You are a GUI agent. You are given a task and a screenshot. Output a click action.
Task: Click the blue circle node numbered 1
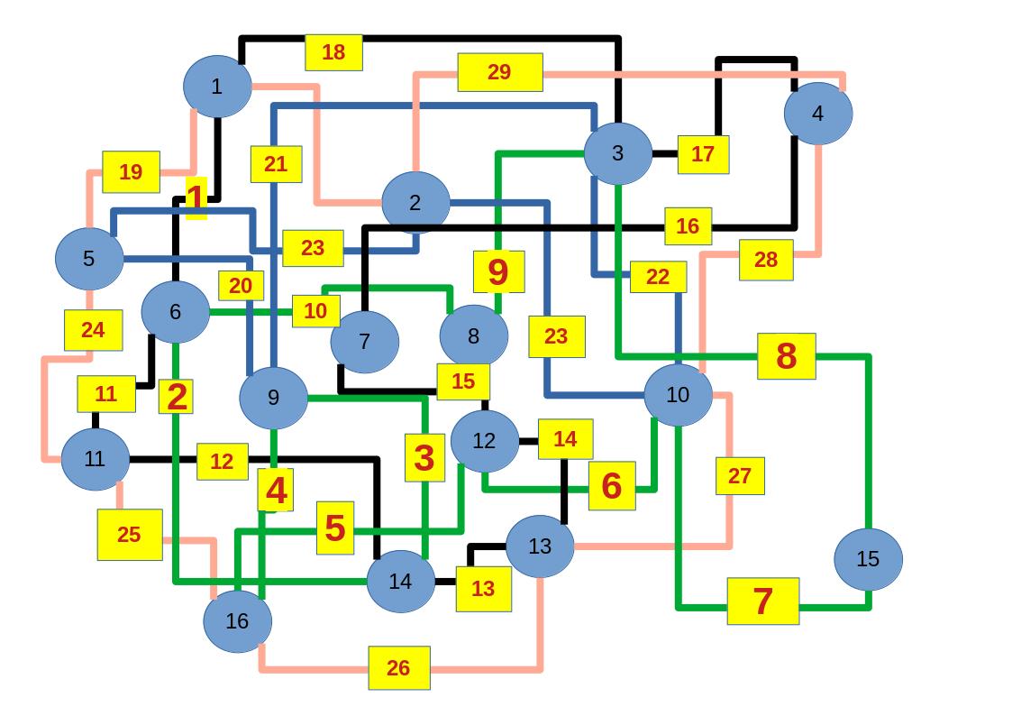[x=216, y=87]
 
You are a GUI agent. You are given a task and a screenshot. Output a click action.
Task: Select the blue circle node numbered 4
[x=817, y=114]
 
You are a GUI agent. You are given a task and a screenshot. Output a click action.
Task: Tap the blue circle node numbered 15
[x=868, y=559]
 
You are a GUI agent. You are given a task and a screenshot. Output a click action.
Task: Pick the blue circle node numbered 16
[x=237, y=620]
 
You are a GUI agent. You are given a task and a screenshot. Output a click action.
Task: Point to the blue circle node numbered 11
[x=95, y=459]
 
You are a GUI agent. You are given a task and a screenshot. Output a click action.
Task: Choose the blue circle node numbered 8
[x=473, y=336]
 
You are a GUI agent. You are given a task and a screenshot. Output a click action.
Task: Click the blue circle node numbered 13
[x=540, y=546]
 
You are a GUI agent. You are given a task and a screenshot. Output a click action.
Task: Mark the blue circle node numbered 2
[x=415, y=203]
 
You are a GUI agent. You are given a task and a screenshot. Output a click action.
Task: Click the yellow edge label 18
[x=333, y=52]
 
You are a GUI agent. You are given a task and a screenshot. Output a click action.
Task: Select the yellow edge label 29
[x=499, y=72]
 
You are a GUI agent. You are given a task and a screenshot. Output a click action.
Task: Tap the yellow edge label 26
[x=398, y=667]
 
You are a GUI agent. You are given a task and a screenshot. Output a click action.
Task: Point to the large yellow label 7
[x=762, y=601]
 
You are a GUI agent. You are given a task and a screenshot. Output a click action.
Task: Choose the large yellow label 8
[x=786, y=356]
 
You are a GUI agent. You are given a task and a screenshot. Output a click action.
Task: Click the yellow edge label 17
[x=702, y=154]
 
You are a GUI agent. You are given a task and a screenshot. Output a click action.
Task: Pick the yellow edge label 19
[x=131, y=171]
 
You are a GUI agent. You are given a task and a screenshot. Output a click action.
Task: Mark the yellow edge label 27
[x=739, y=476]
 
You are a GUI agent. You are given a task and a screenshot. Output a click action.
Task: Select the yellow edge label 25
[x=129, y=534]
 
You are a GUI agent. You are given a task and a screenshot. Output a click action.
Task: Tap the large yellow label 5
[x=334, y=528]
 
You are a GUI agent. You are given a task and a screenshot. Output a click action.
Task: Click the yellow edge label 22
[x=657, y=277]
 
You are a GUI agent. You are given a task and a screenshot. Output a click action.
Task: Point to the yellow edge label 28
[x=765, y=260]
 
